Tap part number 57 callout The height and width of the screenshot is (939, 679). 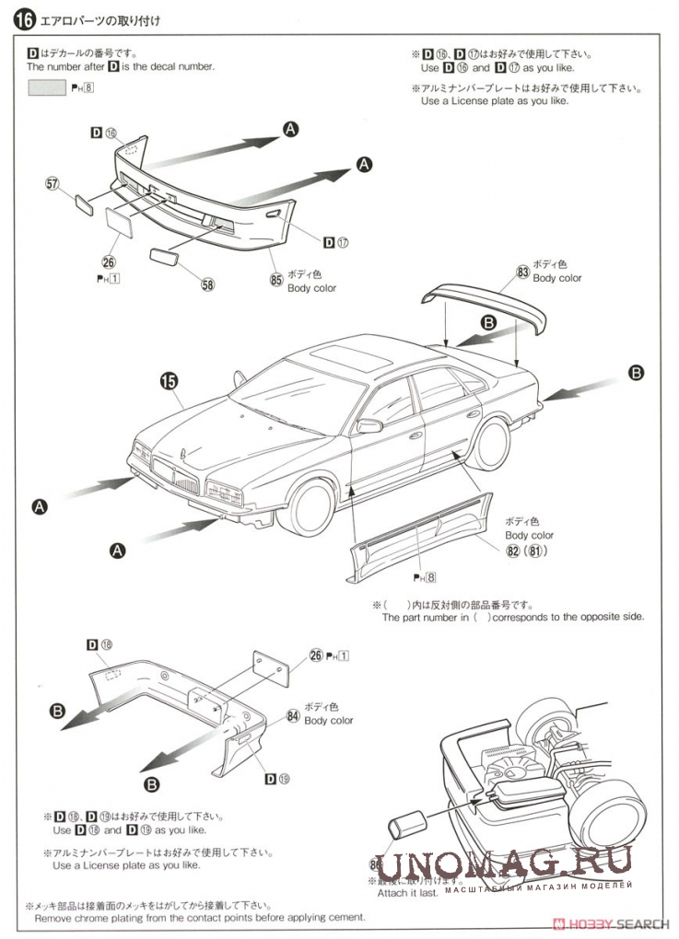tap(51, 183)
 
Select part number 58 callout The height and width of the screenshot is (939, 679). tap(207, 284)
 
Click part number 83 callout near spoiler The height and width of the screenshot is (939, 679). tap(522, 272)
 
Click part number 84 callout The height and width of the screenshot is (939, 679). tap(293, 714)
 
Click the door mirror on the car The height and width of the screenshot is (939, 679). tap(369, 425)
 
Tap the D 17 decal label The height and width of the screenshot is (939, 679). tap(335, 242)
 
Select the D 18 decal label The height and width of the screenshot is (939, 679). tap(100, 644)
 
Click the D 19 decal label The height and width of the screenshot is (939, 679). tap(276, 779)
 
